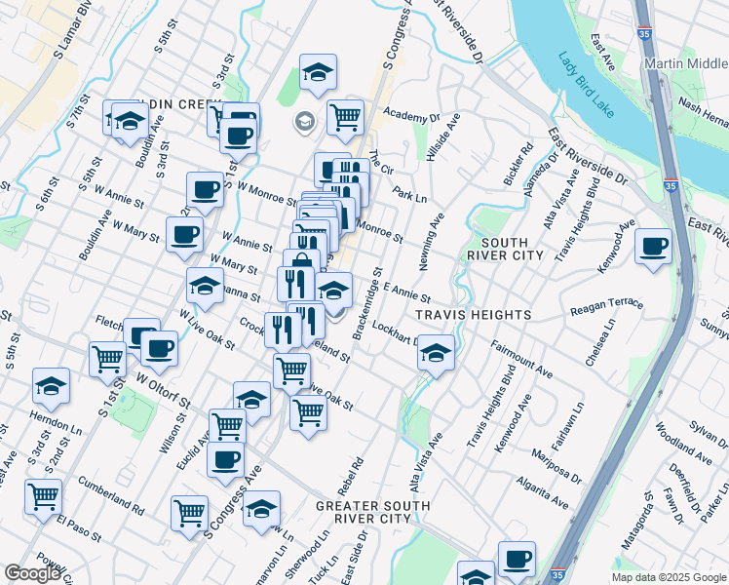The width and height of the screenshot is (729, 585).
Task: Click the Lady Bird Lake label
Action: (588, 85)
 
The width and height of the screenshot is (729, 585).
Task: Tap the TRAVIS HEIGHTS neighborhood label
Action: (473, 315)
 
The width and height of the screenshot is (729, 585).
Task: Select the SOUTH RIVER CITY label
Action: (504, 249)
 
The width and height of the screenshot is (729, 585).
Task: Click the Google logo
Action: (32, 573)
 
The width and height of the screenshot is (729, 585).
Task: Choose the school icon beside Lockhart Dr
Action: (437, 354)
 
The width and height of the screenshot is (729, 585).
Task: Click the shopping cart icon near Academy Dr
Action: (345, 117)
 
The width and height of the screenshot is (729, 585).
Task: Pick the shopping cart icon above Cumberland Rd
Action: (44, 496)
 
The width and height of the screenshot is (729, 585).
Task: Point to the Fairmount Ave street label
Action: (521, 359)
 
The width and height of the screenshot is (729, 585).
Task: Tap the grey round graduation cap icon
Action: (304, 122)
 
